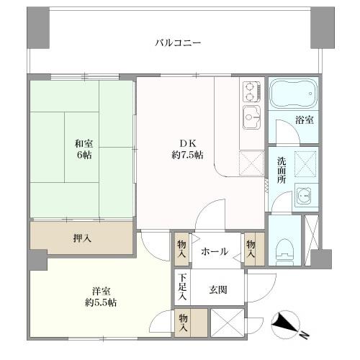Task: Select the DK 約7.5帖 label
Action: [185, 148]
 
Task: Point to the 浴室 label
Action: [305, 120]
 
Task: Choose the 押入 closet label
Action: [81, 238]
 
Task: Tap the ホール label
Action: [215, 251]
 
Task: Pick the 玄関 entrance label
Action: [219, 289]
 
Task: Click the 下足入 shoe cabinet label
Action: [183, 287]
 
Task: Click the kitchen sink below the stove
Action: [251, 114]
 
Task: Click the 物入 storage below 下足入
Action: [184, 320]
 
